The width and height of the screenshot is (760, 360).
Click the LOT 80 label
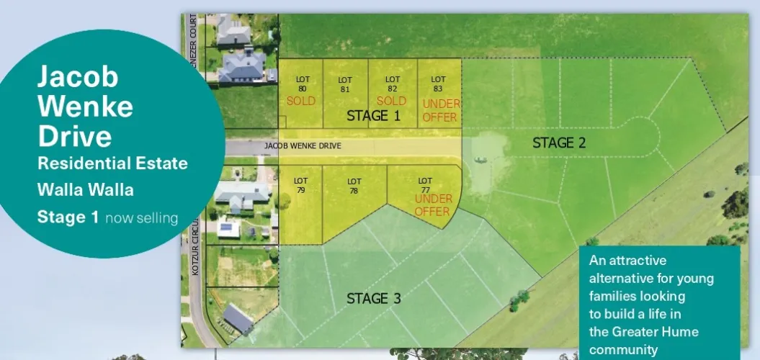[303, 84]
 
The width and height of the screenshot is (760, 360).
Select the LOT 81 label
[345, 84]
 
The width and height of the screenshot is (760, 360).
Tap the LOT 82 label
[392, 84]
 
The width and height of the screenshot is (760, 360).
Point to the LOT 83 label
[438, 84]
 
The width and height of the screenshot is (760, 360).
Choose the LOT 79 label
[301, 185]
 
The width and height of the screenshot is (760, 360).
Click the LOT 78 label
[354, 186]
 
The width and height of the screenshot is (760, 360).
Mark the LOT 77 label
[425, 185]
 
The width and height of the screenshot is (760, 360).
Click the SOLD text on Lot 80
[301, 101]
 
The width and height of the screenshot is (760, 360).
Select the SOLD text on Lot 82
[392, 101]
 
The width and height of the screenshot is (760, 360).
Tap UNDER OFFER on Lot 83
[441, 110]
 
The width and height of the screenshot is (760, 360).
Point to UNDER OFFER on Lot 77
[433, 204]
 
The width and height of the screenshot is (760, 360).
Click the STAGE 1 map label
[373, 116]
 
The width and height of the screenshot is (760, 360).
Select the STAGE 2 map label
[559, 143]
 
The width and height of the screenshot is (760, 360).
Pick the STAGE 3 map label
[373, 298]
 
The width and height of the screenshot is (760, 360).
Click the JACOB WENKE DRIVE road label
[303, 146]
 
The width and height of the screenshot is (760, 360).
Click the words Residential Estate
[112, 163]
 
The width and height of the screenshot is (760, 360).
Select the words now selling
[141, 217]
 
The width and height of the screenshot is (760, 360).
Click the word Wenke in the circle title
[85, 106]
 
